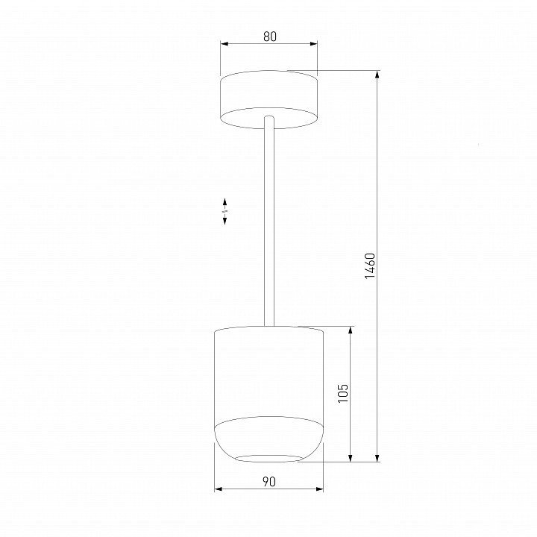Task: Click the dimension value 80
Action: (x=270, y=37)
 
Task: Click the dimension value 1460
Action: (x=370, y=266)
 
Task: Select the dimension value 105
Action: (x=343, y=393)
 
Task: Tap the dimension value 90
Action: (x=268, y=482)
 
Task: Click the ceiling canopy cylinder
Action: (x=268, y=99)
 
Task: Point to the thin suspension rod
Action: (x=269, y=221)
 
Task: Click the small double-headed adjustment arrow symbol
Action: (x=225, y=211)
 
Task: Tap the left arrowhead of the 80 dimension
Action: (x=224, y=44)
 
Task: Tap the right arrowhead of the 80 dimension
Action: (x=313, y=44)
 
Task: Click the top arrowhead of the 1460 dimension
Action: (x=377, y=75)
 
